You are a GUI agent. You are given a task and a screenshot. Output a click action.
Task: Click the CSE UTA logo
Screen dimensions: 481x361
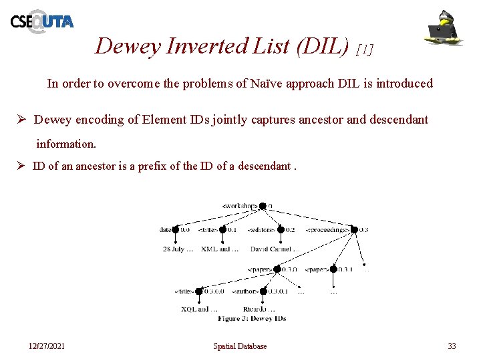tap(41, 21)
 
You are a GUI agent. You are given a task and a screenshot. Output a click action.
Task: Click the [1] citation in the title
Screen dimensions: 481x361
tap(365, 49)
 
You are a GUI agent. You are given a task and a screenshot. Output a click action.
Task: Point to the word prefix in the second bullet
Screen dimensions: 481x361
tap(152, 166)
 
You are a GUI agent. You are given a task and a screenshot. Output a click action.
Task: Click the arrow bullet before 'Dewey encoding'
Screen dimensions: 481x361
tap(21, 120)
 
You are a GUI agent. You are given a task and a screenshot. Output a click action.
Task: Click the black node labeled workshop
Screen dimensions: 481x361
tap(263, 206)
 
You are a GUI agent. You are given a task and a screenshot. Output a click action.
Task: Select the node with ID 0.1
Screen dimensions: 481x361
tap(222, 229)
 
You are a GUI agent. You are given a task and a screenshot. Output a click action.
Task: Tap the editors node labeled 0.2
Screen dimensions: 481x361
tap(281, 229)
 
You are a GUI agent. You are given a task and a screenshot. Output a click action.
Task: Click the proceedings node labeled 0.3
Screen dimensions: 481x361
tap(354, 229)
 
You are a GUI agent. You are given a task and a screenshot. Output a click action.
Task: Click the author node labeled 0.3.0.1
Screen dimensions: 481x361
tap(262, 291)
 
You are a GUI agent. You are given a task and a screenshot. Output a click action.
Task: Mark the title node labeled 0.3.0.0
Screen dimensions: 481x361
tap(198, 291)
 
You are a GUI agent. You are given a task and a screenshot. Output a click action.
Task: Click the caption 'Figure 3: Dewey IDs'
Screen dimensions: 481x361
tap(252, 319)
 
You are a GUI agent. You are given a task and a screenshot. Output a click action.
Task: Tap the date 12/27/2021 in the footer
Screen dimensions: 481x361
tap(47, 346)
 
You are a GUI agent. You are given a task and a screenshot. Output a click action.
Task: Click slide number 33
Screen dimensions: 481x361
tap(452, 346)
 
